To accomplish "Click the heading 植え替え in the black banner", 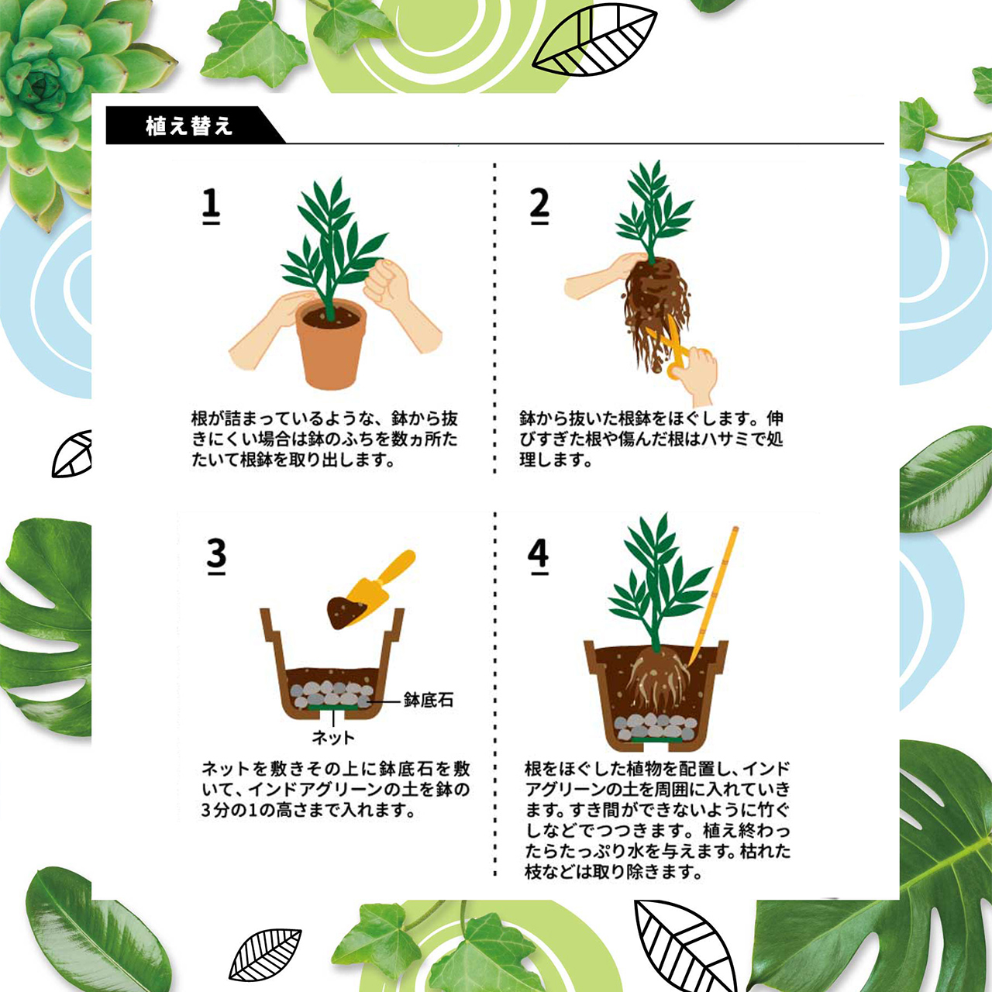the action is point(189,126).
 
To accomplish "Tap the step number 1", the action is point(211,205).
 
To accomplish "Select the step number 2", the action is point(539,205).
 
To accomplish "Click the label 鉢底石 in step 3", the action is point(429,700).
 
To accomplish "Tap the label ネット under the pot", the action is point(333,737).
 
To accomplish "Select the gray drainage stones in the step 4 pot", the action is point(656,726).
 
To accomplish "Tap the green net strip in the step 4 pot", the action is point(657,740).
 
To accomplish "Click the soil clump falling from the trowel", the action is point(346,612).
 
